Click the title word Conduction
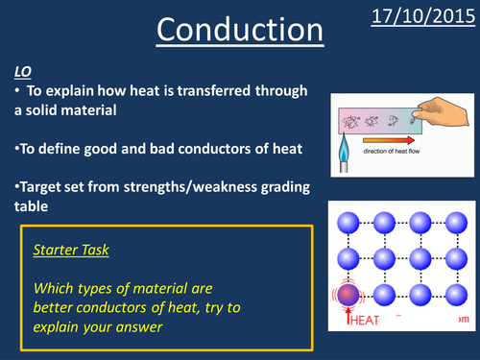click(240, 33)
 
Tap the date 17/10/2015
click(421, 16)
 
